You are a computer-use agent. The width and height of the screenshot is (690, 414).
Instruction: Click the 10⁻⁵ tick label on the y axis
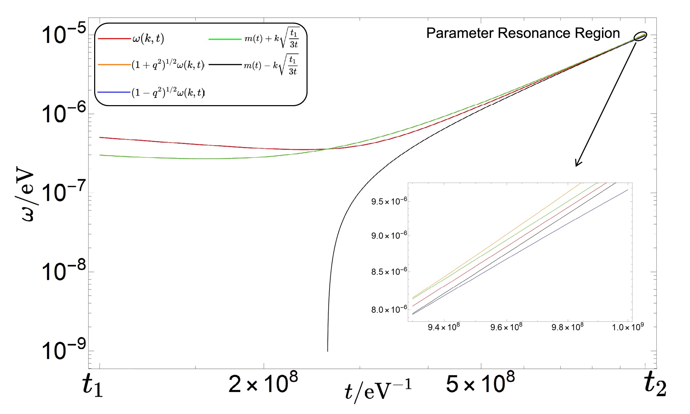[x=64, y=34]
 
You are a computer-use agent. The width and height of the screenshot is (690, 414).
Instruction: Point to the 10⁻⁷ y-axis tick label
[x=64, y=192]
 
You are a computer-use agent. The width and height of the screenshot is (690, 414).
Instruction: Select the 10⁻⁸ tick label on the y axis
[x=64, y=271]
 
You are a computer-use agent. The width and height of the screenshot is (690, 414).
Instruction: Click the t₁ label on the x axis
[x=93, y=385]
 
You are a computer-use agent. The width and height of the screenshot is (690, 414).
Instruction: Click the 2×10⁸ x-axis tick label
[x=263, y=383]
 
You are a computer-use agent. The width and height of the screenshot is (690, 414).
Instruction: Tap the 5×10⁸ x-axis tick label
[x=480, y=383]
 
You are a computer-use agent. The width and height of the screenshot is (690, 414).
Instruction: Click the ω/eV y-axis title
[x=26, y=194]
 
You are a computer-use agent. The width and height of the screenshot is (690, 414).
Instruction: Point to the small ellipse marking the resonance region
[x=640, y=36]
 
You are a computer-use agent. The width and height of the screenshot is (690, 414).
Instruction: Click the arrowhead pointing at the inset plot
[x=577, y=164]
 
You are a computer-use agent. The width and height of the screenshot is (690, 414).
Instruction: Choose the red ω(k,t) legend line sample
[x=114, y=38]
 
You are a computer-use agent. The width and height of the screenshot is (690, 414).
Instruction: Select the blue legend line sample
[x=114, y=92]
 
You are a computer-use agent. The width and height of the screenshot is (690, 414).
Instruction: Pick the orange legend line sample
[x=114, y=65]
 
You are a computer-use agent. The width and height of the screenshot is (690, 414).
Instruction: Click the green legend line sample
[x=225, y=39]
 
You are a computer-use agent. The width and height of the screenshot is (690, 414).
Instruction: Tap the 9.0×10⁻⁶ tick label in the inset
[x=389, y=236]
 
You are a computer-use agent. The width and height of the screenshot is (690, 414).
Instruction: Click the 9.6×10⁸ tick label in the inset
[x=506, y=327]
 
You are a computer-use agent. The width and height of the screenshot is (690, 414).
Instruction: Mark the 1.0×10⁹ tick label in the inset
[x=628, y=327]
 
